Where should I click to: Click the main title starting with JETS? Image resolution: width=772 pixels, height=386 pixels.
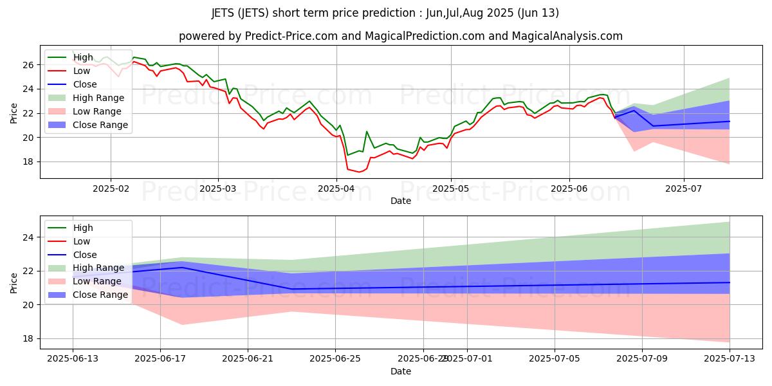(x=385, y=13)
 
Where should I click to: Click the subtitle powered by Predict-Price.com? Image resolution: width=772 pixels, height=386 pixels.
(x=400, y=36)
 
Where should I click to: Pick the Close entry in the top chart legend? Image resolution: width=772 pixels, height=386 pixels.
(x=85, y=84)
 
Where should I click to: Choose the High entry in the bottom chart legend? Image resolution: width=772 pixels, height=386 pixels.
(x=83, y=228)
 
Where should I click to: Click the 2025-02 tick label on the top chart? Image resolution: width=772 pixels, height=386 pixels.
(x=110, y=190)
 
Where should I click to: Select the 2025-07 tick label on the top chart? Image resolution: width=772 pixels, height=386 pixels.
(x=683, y=190)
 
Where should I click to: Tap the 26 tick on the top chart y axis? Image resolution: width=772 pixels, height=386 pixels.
(x=28, y=65)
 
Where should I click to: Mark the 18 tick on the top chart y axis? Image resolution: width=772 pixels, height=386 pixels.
(x=28, y=161)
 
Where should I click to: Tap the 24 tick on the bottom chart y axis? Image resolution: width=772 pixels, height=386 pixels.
(x=28, y=237)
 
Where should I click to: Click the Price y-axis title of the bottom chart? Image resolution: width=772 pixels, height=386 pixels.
(x=14, y=282)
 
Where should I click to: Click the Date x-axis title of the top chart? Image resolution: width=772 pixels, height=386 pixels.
(x=400, y=201)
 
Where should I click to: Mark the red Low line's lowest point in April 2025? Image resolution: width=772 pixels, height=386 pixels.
(x=359, y=172)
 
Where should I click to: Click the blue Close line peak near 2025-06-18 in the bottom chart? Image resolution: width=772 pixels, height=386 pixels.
(x=182, y=267)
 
